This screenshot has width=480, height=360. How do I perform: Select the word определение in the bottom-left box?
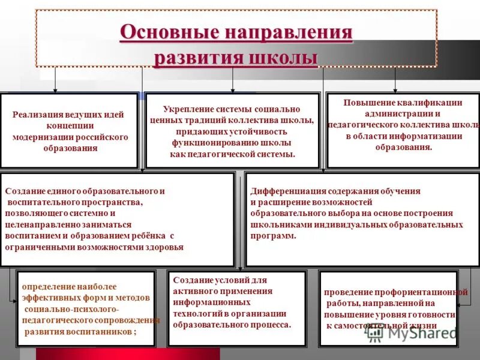pyautogui.click(x=46, y=287)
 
